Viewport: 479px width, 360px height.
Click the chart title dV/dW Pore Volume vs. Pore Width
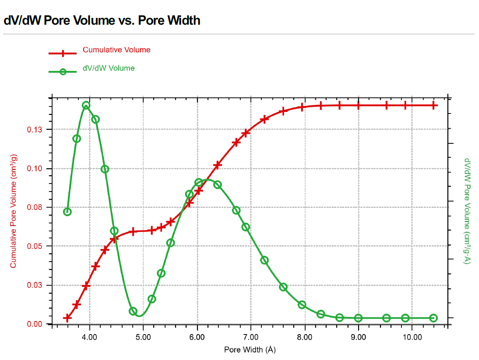[x=102, y=20]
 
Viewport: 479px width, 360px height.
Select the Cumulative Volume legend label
[x=117, y=50]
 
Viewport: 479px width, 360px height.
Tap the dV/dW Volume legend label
[x=109, y=68]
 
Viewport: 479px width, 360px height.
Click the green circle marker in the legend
[x=62, y=72]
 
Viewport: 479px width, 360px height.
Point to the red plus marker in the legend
[x=62, y=53]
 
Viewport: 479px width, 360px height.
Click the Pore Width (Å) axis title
[x=250, y=350]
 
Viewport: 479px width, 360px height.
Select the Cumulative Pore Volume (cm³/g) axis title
[x=14, y=211]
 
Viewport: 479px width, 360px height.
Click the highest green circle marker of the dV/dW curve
[x=86, y=106]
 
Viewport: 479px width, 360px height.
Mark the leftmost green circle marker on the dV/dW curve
[x=67, y=211]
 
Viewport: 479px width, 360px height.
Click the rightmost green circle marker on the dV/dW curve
[x=433, y=318]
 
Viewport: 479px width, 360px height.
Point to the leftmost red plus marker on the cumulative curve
[x=67, y=318]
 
